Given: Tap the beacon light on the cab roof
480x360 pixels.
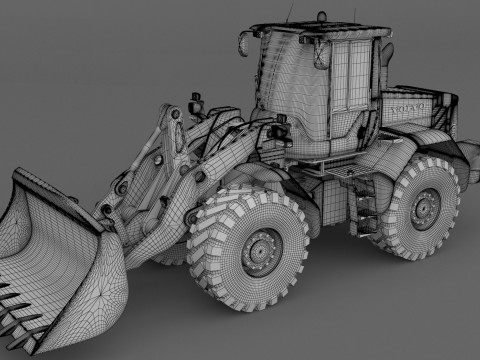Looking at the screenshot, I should coord(322,14).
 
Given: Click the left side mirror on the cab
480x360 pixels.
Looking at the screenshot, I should coord(243,43).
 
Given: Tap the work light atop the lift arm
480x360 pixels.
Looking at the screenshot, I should coord(195,103).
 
